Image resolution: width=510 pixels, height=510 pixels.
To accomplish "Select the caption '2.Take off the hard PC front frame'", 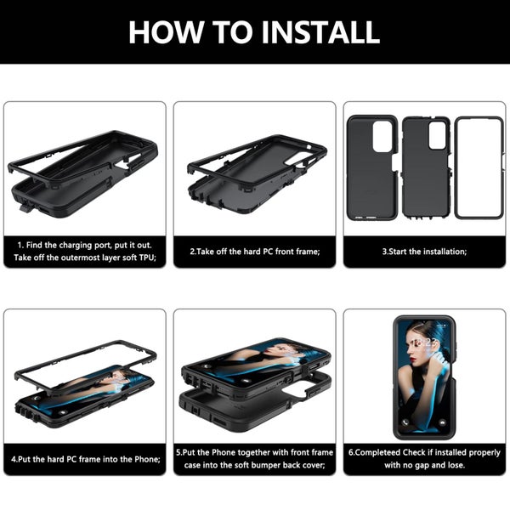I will tap(254, 251).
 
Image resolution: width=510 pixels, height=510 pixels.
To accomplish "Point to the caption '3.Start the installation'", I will tap(424, 251).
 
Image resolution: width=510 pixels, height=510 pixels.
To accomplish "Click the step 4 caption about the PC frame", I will tap(85, 459).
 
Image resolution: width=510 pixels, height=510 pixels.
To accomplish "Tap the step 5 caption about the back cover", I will tap(254, 459).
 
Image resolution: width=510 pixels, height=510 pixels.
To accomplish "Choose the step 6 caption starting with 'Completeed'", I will tap(424, 459).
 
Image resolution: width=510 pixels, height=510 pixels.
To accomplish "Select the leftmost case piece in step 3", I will tap(371, 167).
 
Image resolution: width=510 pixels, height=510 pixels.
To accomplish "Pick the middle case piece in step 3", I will tap(425, 167).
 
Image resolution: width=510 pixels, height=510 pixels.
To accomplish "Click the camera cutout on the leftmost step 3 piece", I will tap(382, 136).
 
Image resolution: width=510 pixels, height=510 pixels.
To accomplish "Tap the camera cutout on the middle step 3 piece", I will tap(437, 136).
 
